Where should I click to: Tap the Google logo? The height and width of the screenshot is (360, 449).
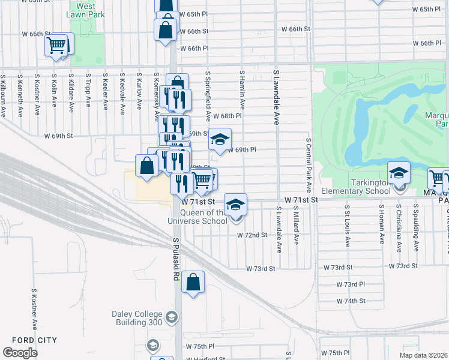tap(20, 352)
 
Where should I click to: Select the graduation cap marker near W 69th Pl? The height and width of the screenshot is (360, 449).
tap(220, 140)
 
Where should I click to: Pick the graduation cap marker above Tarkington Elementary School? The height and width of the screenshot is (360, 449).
tap(399, 173)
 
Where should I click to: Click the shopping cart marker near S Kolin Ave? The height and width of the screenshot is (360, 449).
tap(56, 44)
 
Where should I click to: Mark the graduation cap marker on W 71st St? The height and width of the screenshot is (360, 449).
tap(236, 203)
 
